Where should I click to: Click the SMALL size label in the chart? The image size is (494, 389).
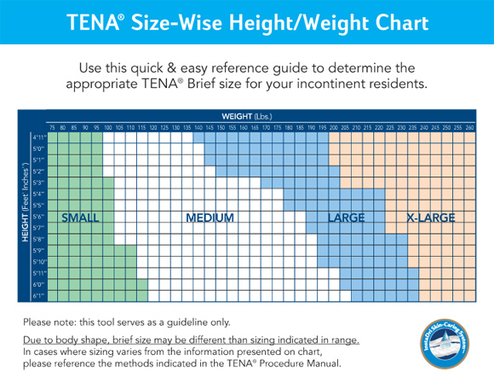[x=80, y=218]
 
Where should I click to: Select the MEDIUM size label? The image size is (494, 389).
[x=210, y=218]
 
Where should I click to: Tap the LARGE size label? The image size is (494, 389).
[x=346, y=218]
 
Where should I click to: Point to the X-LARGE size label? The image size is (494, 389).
[x=430, y=218]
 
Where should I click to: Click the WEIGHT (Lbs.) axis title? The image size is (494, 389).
[x=245, y=115]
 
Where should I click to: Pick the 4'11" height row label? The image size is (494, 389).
[x=38, y=136]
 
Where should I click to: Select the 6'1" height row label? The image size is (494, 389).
[x=38, y=295]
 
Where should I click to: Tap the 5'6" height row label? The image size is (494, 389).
[x=38, y=217]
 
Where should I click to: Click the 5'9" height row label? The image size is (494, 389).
[x=38, y=250]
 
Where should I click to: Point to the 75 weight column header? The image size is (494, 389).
[x=52, y=127]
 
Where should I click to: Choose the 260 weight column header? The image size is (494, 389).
[x=469, y=127]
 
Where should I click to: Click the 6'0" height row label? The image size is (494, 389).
[x=38, y=284]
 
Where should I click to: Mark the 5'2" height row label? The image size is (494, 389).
[x=38, y=171]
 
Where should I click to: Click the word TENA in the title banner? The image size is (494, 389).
[x=89, y=22]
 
